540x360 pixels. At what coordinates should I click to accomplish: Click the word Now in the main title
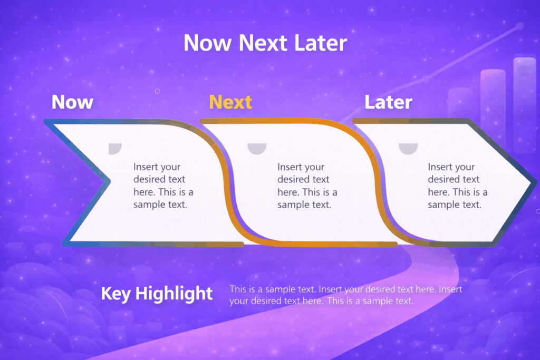pos(208,43)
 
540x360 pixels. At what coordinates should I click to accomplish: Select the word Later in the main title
pos(321,43)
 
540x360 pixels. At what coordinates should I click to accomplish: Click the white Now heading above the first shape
pos(72,102)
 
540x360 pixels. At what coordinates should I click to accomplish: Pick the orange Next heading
pos(230,102)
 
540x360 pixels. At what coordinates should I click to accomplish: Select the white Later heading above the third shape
pos(388,102)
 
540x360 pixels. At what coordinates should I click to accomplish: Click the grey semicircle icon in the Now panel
pos(115,148)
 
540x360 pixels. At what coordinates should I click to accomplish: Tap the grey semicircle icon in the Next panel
pos(257,148)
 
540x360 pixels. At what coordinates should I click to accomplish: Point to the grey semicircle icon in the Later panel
pos(408,148)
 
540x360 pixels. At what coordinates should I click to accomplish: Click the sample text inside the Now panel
pos(163,186)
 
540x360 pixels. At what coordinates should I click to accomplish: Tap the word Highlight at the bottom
pos(174,294)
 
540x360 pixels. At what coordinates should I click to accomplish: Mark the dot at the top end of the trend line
pos(520,25)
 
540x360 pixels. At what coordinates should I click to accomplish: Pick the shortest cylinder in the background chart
pos(460,103)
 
